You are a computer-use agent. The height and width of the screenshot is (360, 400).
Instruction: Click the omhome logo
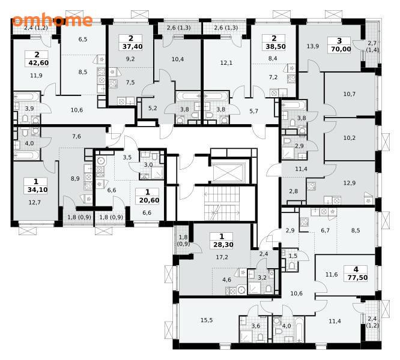click(x=52, y=20)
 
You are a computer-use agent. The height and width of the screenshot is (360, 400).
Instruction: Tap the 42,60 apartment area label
click(x=38, y=62)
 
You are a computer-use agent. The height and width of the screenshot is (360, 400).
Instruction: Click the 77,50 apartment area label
click(x=357, y=277)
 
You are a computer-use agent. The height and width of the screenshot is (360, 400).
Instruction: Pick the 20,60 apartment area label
click(x=149, y=200)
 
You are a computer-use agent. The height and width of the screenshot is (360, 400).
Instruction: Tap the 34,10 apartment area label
click(x=37, y=190)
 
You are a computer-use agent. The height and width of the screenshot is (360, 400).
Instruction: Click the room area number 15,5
click(x=207, y=320)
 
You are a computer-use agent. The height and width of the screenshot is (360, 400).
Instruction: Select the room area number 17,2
click(x=222, y=257)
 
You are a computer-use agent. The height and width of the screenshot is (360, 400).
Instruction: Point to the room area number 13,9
click(x=313, y=46)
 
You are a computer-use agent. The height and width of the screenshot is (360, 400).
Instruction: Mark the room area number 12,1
click(x=226, y=62)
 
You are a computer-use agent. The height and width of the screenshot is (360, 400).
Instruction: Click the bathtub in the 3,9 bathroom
click(x=27, y=97)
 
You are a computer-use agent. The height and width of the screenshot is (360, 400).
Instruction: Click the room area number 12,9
click(x=350, y=183)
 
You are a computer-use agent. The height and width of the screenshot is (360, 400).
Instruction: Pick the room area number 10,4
click(x=178, y=59)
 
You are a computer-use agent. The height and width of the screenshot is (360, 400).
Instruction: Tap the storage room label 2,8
click(x=293, y=191)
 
